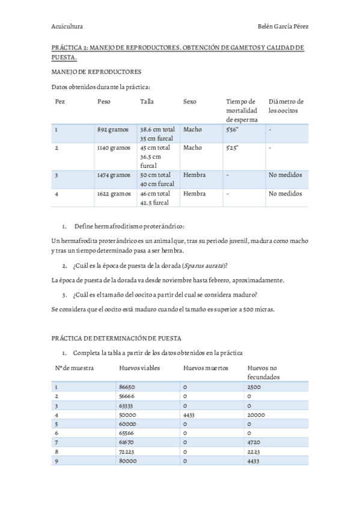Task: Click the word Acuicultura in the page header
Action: point(67,26)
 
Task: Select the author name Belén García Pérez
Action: point(283,26)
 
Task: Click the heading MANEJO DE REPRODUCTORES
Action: point(96,72)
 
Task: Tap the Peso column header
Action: point(104,102)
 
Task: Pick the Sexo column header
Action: point(189,102)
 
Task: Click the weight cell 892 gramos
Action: point(114,129)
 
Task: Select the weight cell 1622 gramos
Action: point(114,194)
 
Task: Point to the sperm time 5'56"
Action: point(232,129)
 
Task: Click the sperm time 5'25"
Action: point(232,148)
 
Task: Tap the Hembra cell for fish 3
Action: point(194,176)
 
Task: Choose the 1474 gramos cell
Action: point(114,176)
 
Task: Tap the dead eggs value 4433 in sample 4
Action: point(189,415)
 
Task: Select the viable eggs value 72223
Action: point(127,450)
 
